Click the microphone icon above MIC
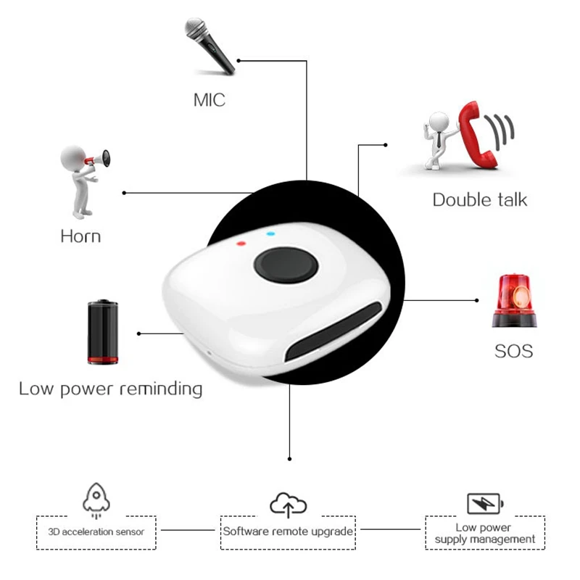point(210,46)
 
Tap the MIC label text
point(210,100)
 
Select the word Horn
point(80,236)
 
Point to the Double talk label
point(480,200)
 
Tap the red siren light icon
point(514,301)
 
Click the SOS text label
point(514,351)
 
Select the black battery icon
point(103,332)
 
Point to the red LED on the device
point(241,244)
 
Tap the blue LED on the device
point(270,233)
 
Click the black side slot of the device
point(333,331)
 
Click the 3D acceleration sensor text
point(96,532)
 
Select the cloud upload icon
point(288,505)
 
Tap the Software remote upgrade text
point(288,531)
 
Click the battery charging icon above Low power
point(485,503)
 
